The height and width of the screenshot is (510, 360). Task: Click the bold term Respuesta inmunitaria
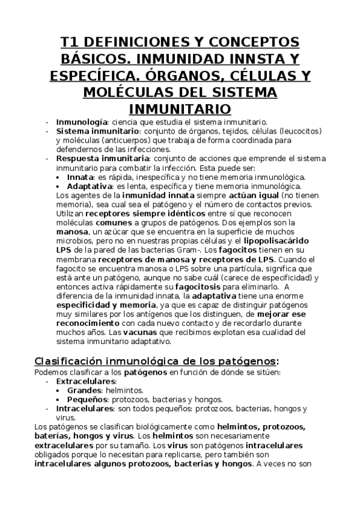pyautogui.click(x=96, y=158)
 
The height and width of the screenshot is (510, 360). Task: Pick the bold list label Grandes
pyautogui.click(x=83, y=390)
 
